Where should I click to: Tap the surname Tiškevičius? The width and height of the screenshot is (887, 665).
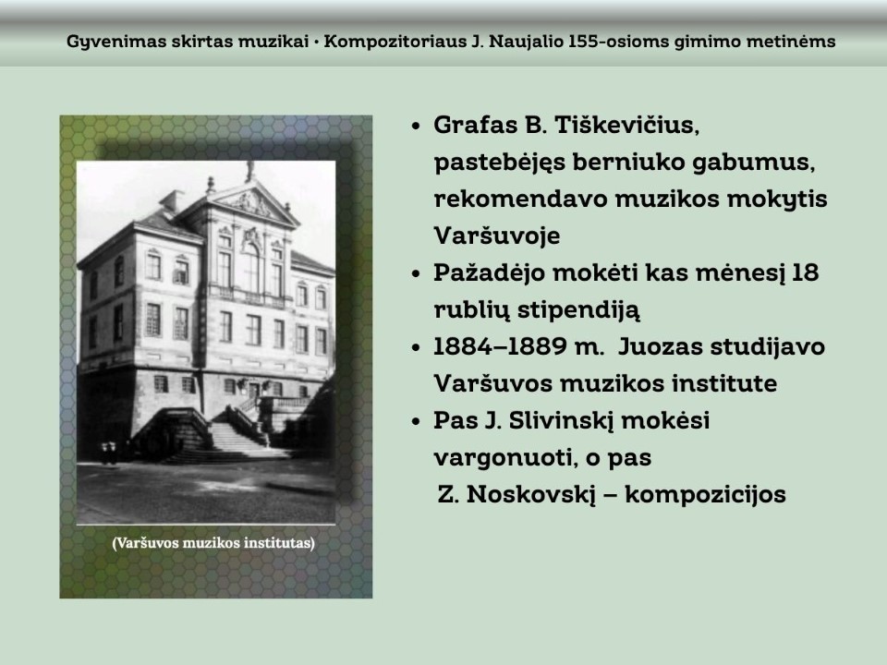click(x=626, y=125)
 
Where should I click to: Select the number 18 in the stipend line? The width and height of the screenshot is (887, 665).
click(x=805, y=272)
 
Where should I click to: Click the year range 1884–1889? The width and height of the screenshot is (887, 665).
click(x=500, y=346)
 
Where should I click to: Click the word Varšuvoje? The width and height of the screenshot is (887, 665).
click(x=497, y=236)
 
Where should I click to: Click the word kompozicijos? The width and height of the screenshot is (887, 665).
click(x=705, y=495)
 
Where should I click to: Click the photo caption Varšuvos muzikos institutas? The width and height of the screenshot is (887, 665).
click(x=213, y=543)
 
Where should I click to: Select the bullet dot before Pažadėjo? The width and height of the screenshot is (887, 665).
click(x=417, y=274)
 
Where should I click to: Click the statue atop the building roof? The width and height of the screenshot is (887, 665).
click(x=249, y=171)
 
